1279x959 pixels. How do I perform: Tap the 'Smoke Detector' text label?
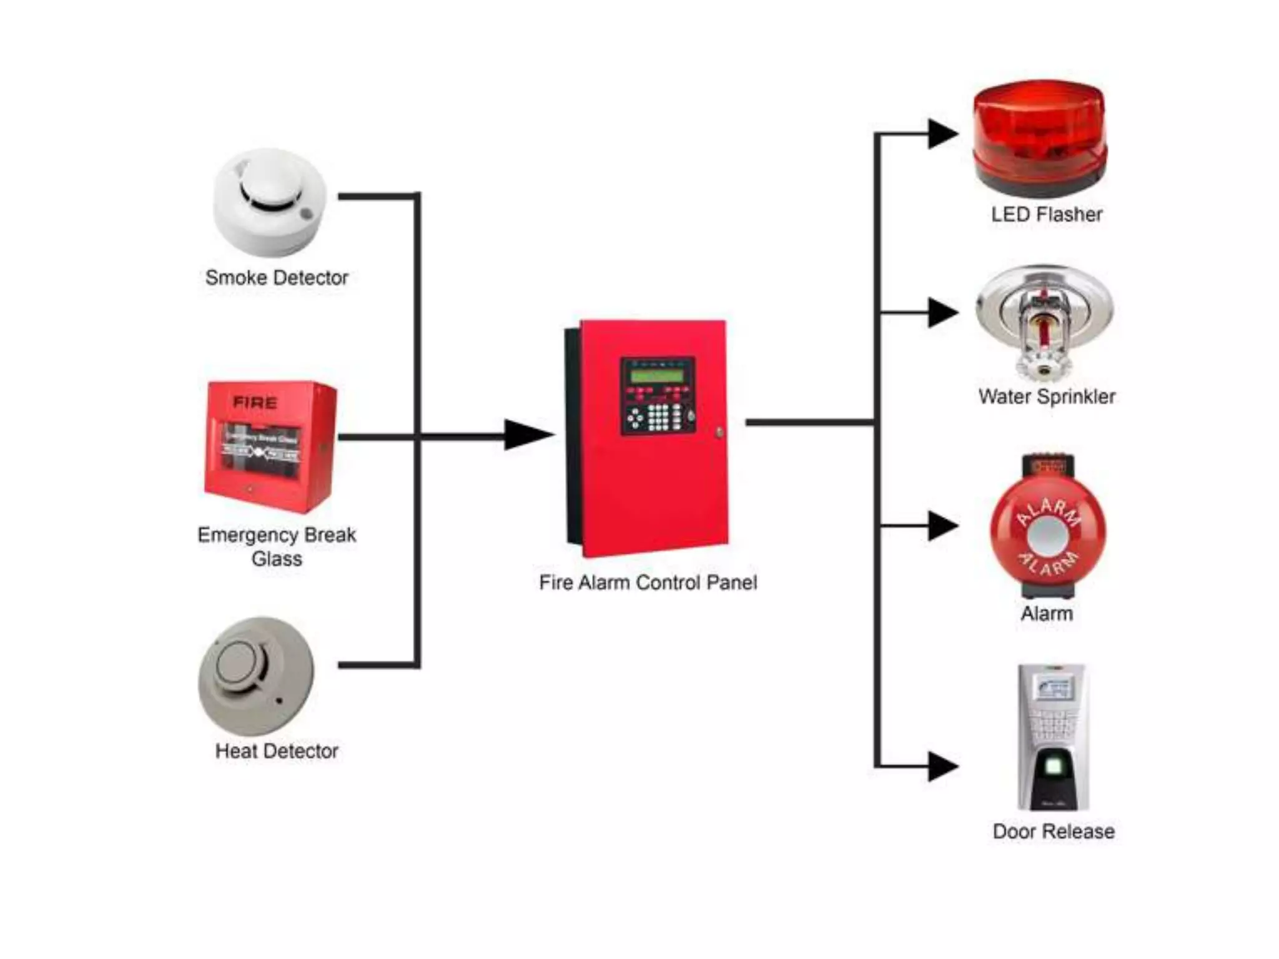coord(277,278)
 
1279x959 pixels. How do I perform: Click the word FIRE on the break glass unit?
coord(255,403)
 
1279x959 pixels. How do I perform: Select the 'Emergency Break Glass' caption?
coord(277,546)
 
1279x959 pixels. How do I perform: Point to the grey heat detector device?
coord(256,676)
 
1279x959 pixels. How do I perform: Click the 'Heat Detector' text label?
coord(277,751)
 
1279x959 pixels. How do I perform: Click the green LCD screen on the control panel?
coord(658,375)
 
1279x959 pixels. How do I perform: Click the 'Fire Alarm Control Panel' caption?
coord(648,583)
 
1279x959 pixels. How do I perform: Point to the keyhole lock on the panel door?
coord(719,431)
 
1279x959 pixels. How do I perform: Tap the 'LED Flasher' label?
coord(1046,215)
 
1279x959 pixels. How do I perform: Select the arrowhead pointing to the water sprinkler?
coord(942,312)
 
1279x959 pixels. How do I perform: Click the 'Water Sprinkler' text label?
coord(1047,396)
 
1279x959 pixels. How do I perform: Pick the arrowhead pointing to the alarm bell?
coord(942,526)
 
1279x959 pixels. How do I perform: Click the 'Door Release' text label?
coord(1053,832)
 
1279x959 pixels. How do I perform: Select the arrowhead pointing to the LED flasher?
coord(942,134)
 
